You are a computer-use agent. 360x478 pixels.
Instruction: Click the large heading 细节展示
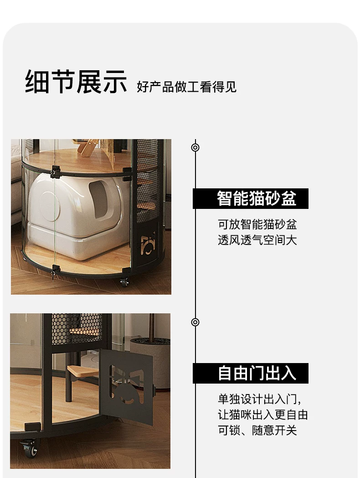(76, 81)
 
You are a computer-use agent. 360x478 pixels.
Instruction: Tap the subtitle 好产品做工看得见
(187, 87)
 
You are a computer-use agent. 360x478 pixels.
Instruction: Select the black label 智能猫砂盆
(251, 198)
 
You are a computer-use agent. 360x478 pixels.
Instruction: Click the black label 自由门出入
(251, 373)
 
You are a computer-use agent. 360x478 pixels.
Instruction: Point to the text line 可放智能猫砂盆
(257, 224)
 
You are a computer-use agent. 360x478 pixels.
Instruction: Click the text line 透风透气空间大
(257, 240)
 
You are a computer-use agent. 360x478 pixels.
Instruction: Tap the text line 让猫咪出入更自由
(263, 415)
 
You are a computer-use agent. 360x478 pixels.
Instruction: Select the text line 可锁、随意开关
(257, 431)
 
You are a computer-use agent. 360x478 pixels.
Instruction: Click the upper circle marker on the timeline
(195, 147)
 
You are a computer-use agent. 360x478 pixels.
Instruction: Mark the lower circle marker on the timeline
(195, 322)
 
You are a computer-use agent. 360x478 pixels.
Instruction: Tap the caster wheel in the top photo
(124, 282)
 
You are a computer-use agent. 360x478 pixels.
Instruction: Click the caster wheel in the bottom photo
(29, 448)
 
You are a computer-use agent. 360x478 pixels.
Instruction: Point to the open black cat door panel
(127, 385)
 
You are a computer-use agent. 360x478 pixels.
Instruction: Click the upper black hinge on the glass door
(55, 171)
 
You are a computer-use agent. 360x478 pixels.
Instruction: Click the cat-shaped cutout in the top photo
(148, 244)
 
